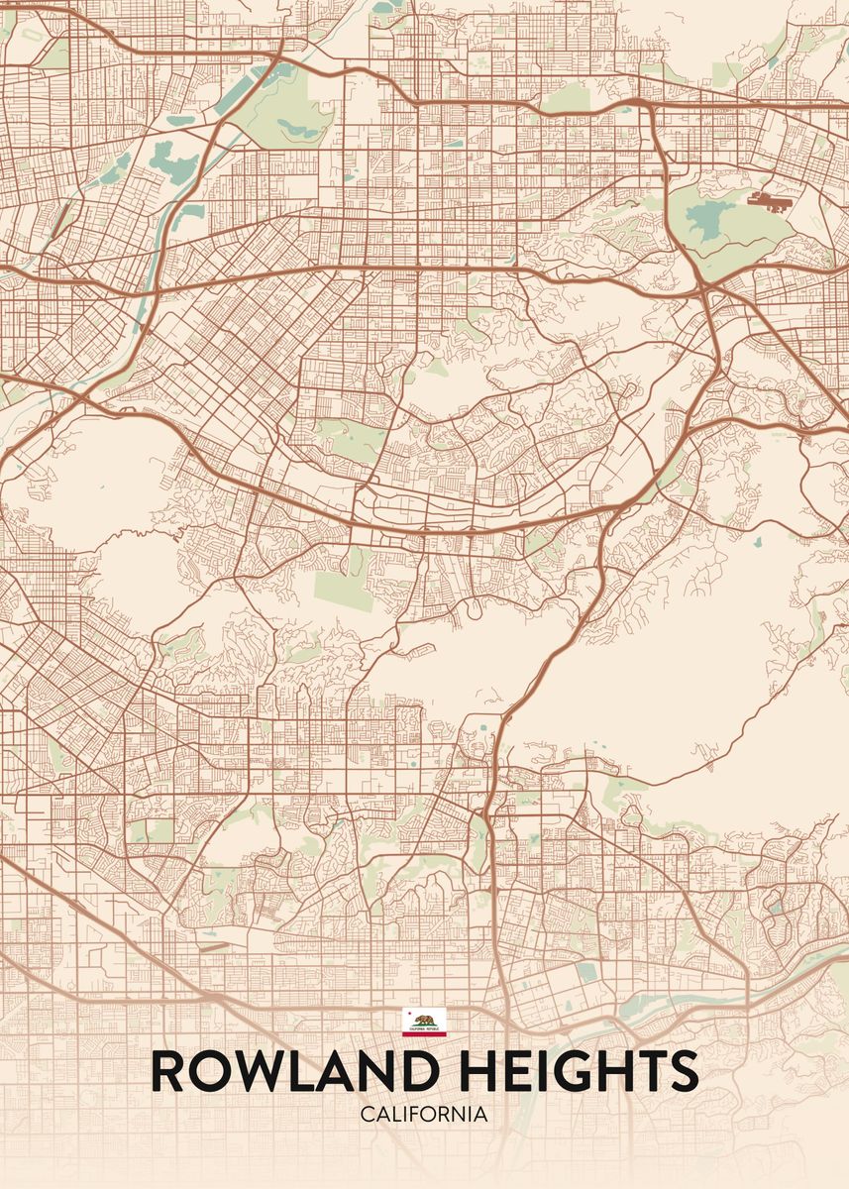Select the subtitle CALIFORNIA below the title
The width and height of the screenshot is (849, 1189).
(x=424, y=1115)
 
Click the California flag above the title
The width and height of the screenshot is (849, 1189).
(x=424, y=1022)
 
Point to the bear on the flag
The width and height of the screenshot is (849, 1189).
(x=425, y=1020)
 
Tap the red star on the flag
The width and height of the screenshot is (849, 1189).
(x=408, y=1013)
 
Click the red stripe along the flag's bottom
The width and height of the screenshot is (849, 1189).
(x=424, y=1033)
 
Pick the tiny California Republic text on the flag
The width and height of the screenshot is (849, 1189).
(x=424, y=1028)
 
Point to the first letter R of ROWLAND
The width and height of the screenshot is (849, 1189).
(x=168, y=1072)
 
